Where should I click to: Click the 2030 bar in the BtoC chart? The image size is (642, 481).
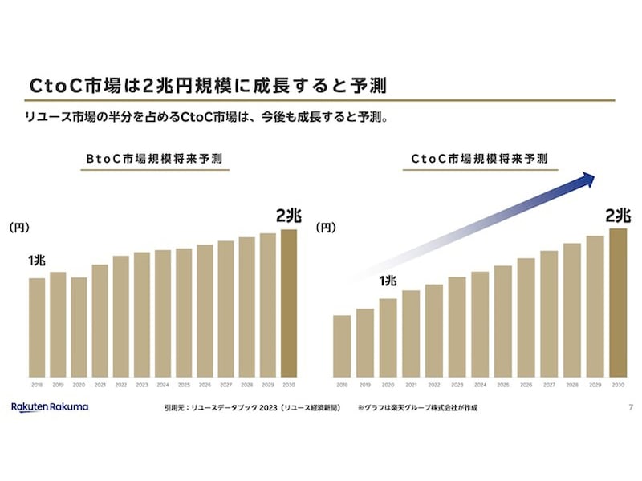click(288, 303)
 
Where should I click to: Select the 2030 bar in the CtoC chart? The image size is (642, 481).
click(617, 303)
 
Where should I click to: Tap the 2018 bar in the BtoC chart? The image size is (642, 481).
click(37, 327)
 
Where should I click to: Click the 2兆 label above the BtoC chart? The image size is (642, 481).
click(288, 216)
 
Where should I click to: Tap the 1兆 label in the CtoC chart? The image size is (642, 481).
click(388, 281)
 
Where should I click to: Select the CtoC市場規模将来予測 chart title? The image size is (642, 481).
click(480, 159)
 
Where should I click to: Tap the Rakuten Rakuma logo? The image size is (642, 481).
click(50, 407)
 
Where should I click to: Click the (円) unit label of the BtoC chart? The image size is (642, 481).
click(19, 228)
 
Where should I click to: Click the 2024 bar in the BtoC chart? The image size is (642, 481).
click(163, 313)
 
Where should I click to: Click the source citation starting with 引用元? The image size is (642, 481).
click(252, 408)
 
